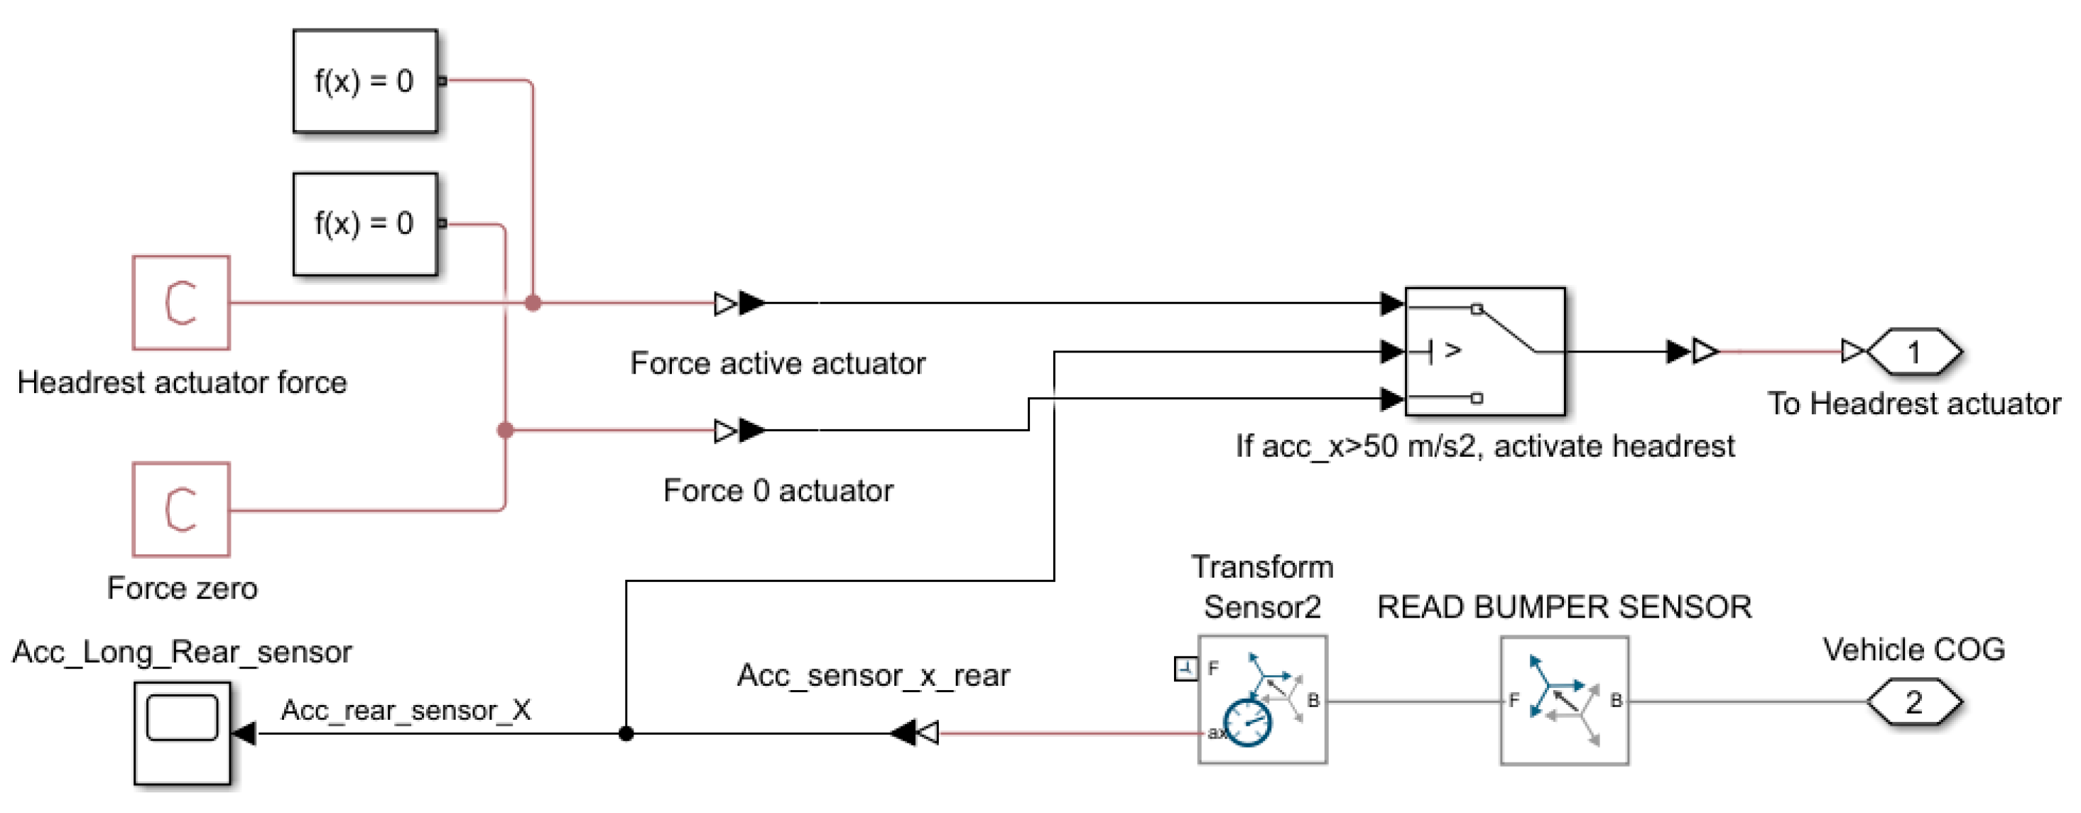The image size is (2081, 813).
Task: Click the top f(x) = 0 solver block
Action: click(364, 81)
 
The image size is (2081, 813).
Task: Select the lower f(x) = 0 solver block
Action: click(364, 224)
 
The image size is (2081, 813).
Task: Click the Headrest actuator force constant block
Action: click(181, 303)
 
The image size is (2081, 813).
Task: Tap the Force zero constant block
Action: click(181, 509)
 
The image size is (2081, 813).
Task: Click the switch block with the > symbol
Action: click(1485, 352)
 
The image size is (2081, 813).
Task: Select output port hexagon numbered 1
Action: click(1913, 352)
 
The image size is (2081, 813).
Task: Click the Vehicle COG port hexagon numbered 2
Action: click(1913, 701)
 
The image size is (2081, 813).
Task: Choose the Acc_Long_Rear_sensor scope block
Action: click(182, 733)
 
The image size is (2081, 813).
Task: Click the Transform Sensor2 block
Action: click(1262, 700)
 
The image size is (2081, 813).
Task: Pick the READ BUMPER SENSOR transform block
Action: click(1564, 700)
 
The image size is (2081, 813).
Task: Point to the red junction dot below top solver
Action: click(533, 303)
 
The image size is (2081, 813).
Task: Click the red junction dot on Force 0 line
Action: click(505, 430)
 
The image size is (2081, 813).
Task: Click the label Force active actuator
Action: click(777, 364)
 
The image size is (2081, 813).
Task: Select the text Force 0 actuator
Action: click(777, 490)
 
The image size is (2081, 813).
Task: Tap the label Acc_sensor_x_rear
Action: click(872, 675)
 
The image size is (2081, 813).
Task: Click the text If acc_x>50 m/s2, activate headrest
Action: click(1485, 446)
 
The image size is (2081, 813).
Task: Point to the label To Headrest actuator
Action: click(1913, 403)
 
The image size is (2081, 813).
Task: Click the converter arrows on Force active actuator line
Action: click(740, 303)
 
